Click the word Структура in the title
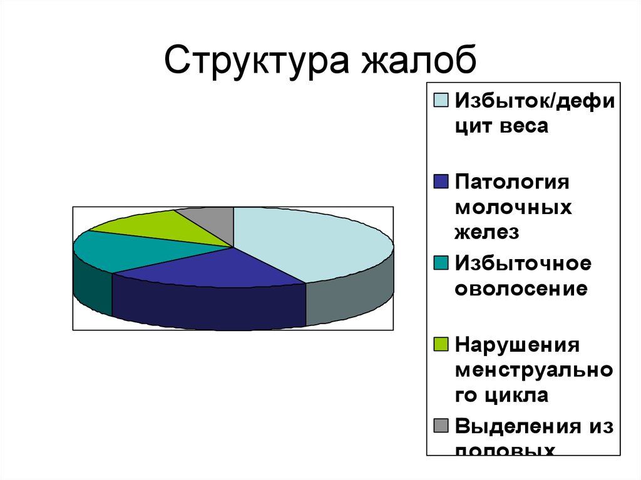click(254, 61)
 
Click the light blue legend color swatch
click(441, 101)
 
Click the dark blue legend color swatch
click(441, 181)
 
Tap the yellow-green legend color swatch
click(441, 344)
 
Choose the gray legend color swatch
click(441, 426)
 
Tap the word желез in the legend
click(487, 233)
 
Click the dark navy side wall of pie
click(207, 307)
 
